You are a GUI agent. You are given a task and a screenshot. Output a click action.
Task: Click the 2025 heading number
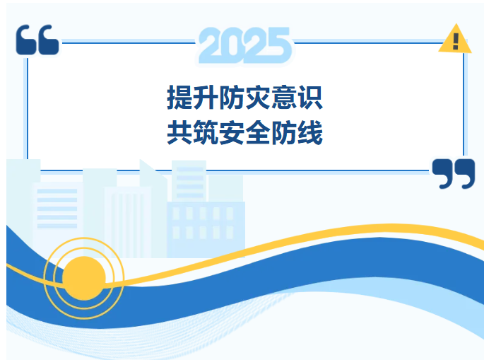pos(244,45)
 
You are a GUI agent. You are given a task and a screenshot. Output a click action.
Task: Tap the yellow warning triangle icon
pos(455,40)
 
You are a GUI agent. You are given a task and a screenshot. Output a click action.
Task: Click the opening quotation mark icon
pos(37,40)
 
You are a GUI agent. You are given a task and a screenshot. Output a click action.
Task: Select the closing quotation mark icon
pos(453,173)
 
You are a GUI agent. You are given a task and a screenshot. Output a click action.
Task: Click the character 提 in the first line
pos(179,98)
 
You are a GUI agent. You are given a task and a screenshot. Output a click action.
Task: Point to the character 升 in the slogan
pos(206,98)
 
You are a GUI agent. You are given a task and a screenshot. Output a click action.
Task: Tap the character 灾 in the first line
pos(258,98)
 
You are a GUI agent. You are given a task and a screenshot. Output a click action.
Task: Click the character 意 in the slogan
pos(284,98)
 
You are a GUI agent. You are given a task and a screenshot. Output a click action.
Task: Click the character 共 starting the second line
pos(179,132)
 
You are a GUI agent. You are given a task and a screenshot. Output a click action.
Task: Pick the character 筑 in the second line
pos(206,132)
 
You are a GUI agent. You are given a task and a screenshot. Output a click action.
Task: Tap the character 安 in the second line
pos(232,132)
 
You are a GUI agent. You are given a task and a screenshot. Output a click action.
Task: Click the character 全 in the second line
pos(258,132)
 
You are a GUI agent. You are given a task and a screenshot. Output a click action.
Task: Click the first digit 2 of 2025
pos(211,45)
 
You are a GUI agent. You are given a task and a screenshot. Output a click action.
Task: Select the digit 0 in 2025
pos(233,45)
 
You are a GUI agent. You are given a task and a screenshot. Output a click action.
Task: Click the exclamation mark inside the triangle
pos(456,40)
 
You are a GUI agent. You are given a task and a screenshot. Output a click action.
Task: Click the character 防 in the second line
pos(284,132)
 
